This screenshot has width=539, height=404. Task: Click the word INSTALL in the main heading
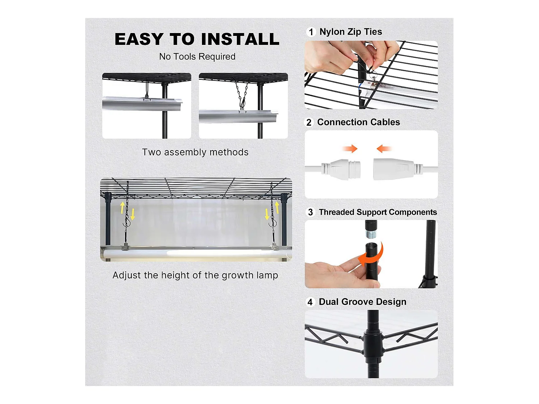click(240, 39)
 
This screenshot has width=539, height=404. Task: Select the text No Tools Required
click(197, 57)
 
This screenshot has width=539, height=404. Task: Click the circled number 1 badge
click(311, 32)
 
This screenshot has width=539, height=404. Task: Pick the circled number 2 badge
click(309, 122)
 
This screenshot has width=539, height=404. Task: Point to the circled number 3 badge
click(310, 212)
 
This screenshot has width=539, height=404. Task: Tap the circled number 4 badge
click(310, 302)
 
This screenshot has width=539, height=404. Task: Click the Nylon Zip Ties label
click(351, 32)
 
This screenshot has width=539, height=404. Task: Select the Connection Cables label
click(359, 122)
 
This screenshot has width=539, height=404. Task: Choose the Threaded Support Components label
click(378, 212)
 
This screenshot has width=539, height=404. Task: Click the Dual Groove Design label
click(363, 302)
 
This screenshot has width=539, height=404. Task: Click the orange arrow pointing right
click(350, 149)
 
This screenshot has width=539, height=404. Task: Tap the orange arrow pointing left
click(384, 149)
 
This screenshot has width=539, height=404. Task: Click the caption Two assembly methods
click(195, 152)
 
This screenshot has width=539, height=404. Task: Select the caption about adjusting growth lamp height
click(195, 275)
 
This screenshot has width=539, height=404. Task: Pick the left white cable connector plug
click(341, 170)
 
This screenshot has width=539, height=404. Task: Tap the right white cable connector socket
click(398, 169)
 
